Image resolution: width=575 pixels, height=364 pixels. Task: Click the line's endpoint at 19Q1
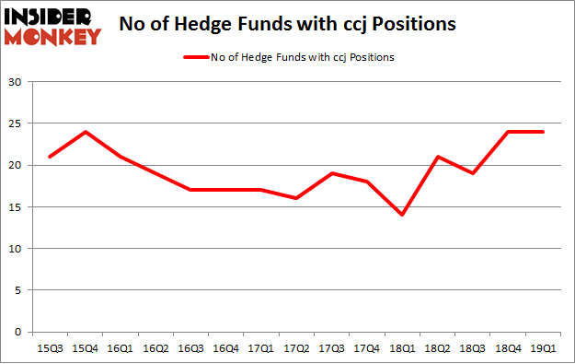[x=541, y=132]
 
